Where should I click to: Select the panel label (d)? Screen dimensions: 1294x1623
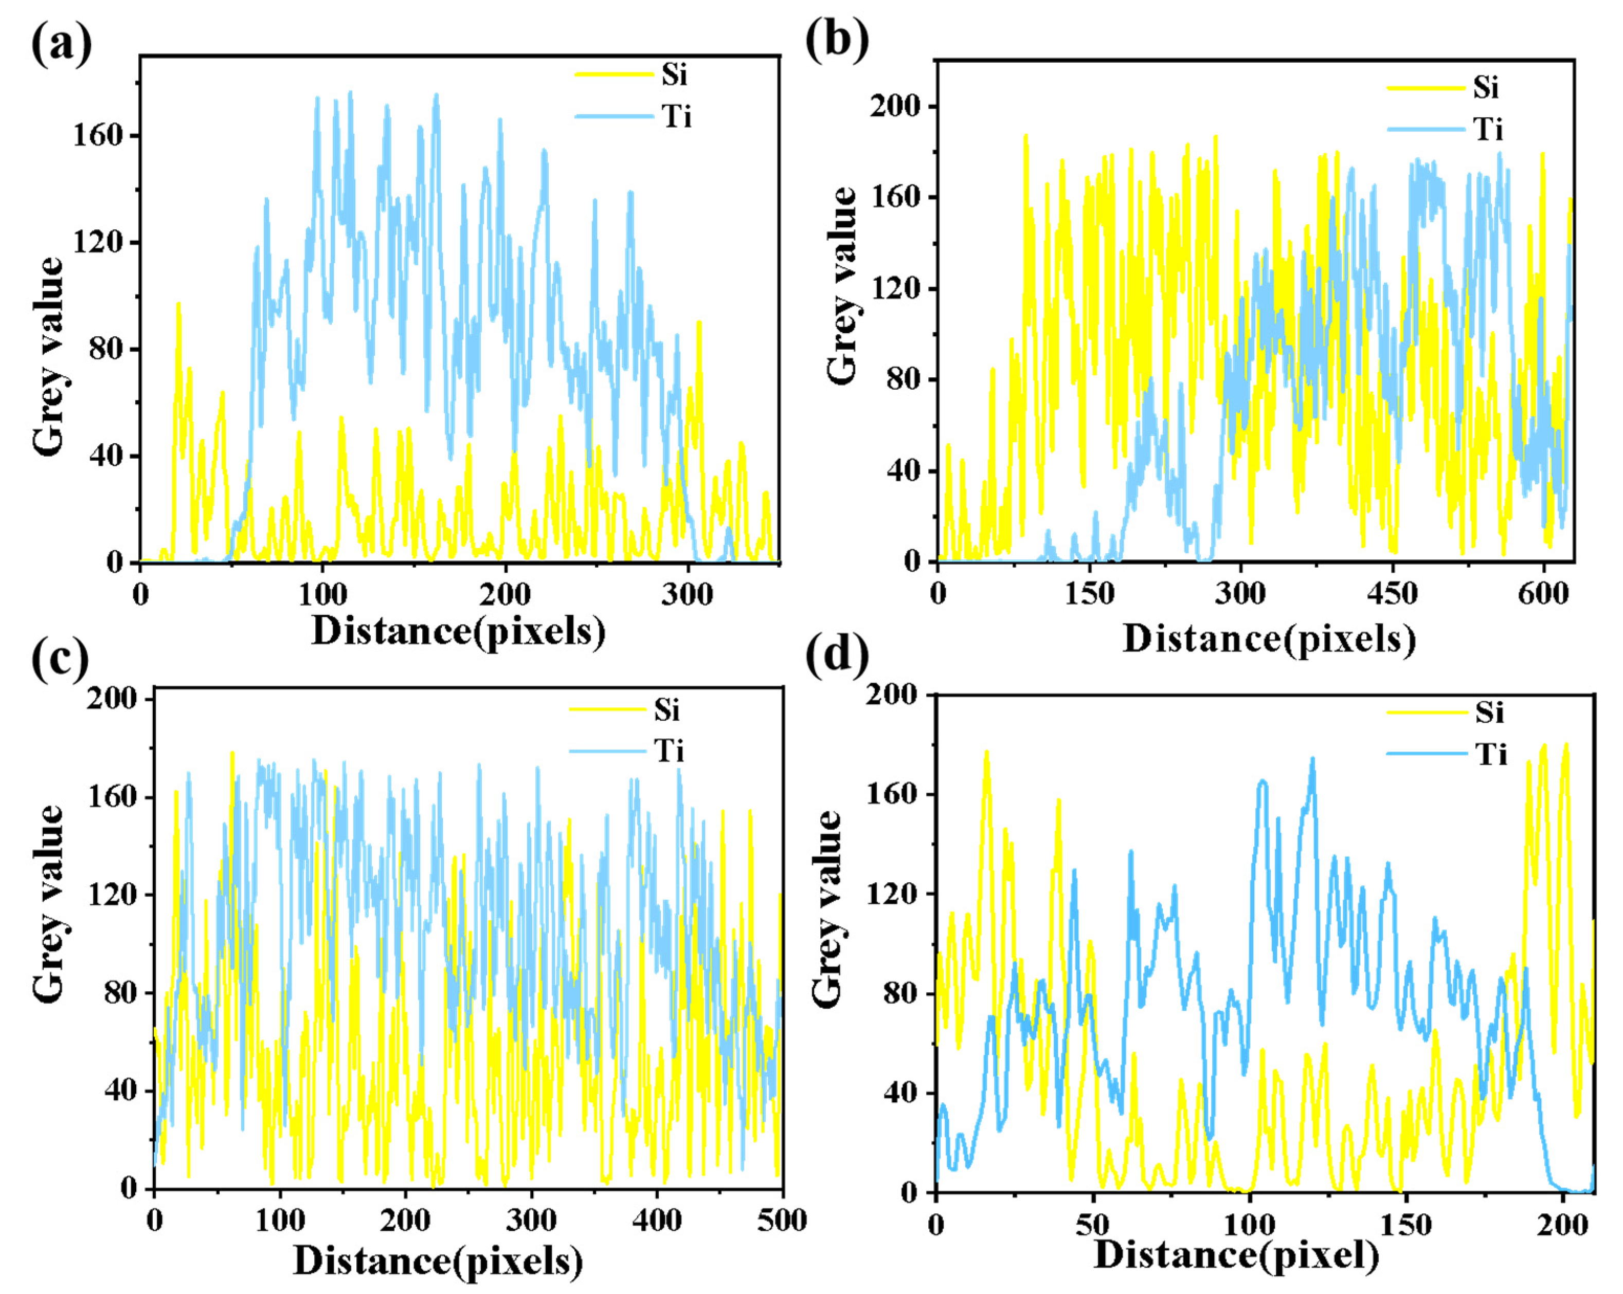coord(836,655)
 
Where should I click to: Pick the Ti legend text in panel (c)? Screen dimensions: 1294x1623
coord(669,751)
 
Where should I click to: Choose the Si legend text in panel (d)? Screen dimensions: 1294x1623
coord(1489,712)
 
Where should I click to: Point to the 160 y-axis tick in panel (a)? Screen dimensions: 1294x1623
coord(96,136)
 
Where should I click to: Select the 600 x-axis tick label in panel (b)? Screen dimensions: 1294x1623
coord(1544,594)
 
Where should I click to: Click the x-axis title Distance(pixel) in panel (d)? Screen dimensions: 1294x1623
coord(1236,1255)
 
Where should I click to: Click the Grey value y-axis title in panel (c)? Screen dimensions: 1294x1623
coord(48,903)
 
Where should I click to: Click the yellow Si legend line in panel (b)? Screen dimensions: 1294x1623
coord(1425,88)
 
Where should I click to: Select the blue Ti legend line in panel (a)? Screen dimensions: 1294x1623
coord(614,117)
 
